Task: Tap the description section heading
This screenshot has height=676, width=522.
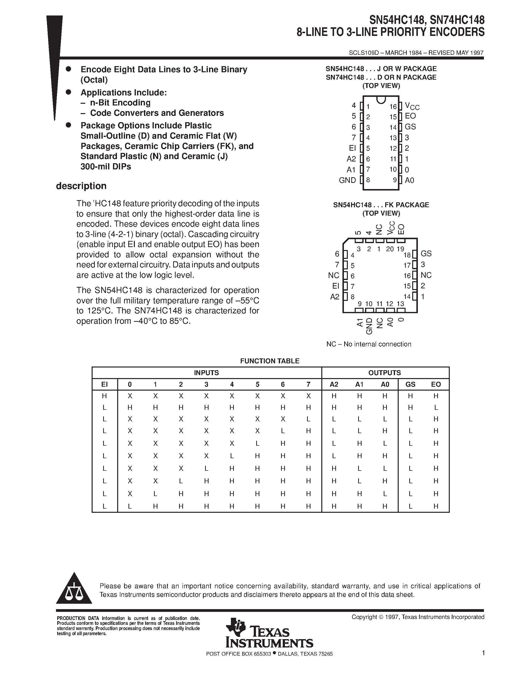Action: pyautogui.click(x=81, y=186)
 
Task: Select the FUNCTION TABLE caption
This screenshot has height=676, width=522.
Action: pyautogui.click(x=270, y=361)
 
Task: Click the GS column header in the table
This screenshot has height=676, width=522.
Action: pyautogui.click(x=410, y=384)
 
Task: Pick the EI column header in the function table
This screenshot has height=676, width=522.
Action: pyautogui.click(x=105, y=384)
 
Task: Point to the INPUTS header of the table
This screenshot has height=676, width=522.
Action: pyautogui.click(x=206, y=373)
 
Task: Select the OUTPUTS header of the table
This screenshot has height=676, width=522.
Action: pyautogui.click(x=384, y=373)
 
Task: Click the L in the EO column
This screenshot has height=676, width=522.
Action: pyautogui.click(x=436, y=408)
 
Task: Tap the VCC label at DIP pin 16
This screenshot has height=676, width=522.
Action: pyautogui.click(x=412, y=106)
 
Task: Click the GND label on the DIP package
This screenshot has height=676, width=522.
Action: pyautogui.click(x=347, y=180)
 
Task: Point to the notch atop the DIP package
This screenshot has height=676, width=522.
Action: pyautogui.click(x=381, y=100)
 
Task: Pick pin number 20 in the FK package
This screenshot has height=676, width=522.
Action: pyautogui.click(x=390, y=249)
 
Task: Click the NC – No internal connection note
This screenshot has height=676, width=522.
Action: pyautogui.click(x=369, y=344)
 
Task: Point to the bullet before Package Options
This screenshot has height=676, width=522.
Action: pyautogui.click(x=69, y=125)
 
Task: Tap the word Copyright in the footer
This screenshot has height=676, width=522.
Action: pyautogui.click(x=364, y=617)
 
